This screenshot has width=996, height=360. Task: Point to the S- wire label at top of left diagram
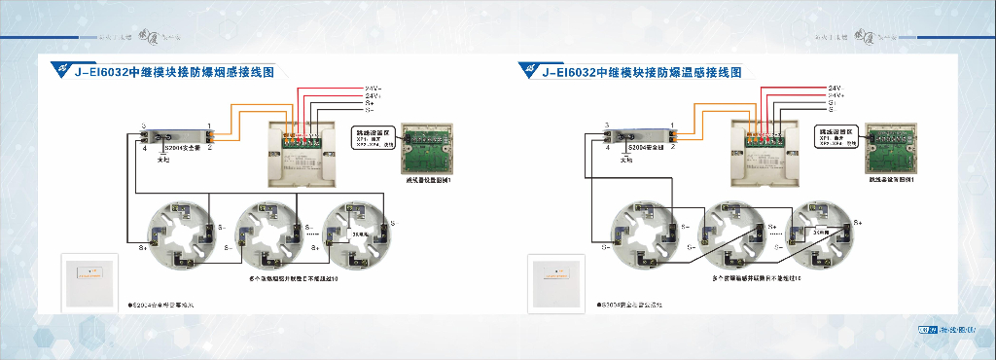370,111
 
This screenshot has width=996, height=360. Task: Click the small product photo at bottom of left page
89,282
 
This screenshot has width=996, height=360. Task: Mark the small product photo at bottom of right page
555,283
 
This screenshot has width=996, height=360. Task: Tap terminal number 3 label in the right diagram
606,126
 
